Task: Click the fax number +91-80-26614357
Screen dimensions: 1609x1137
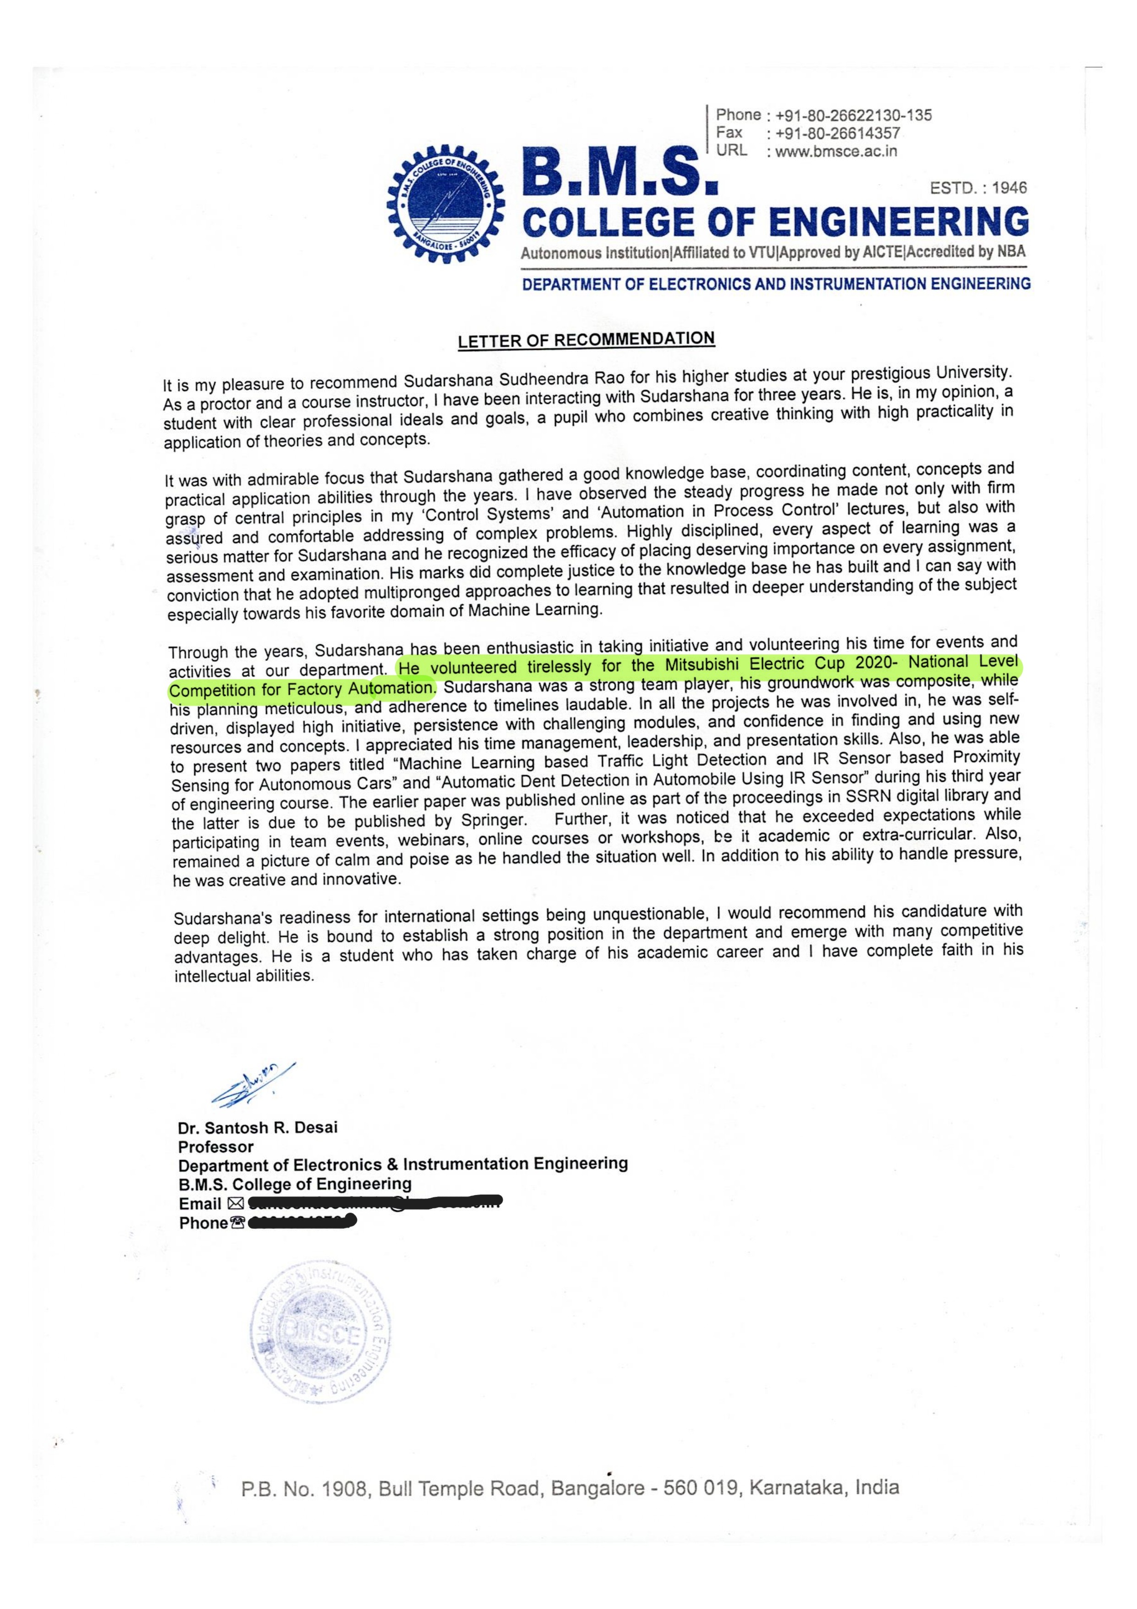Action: (x=833, y=133)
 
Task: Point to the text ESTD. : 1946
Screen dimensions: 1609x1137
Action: (x=978, y=188)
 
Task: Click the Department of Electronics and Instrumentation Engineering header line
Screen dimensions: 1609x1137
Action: (x=776, y=284)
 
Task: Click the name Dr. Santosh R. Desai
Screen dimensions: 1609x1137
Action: (x=258, y=1128)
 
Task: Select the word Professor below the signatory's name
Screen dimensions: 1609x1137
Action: (x=216, y=1146)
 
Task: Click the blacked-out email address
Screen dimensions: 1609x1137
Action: (x=375, y=1203)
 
